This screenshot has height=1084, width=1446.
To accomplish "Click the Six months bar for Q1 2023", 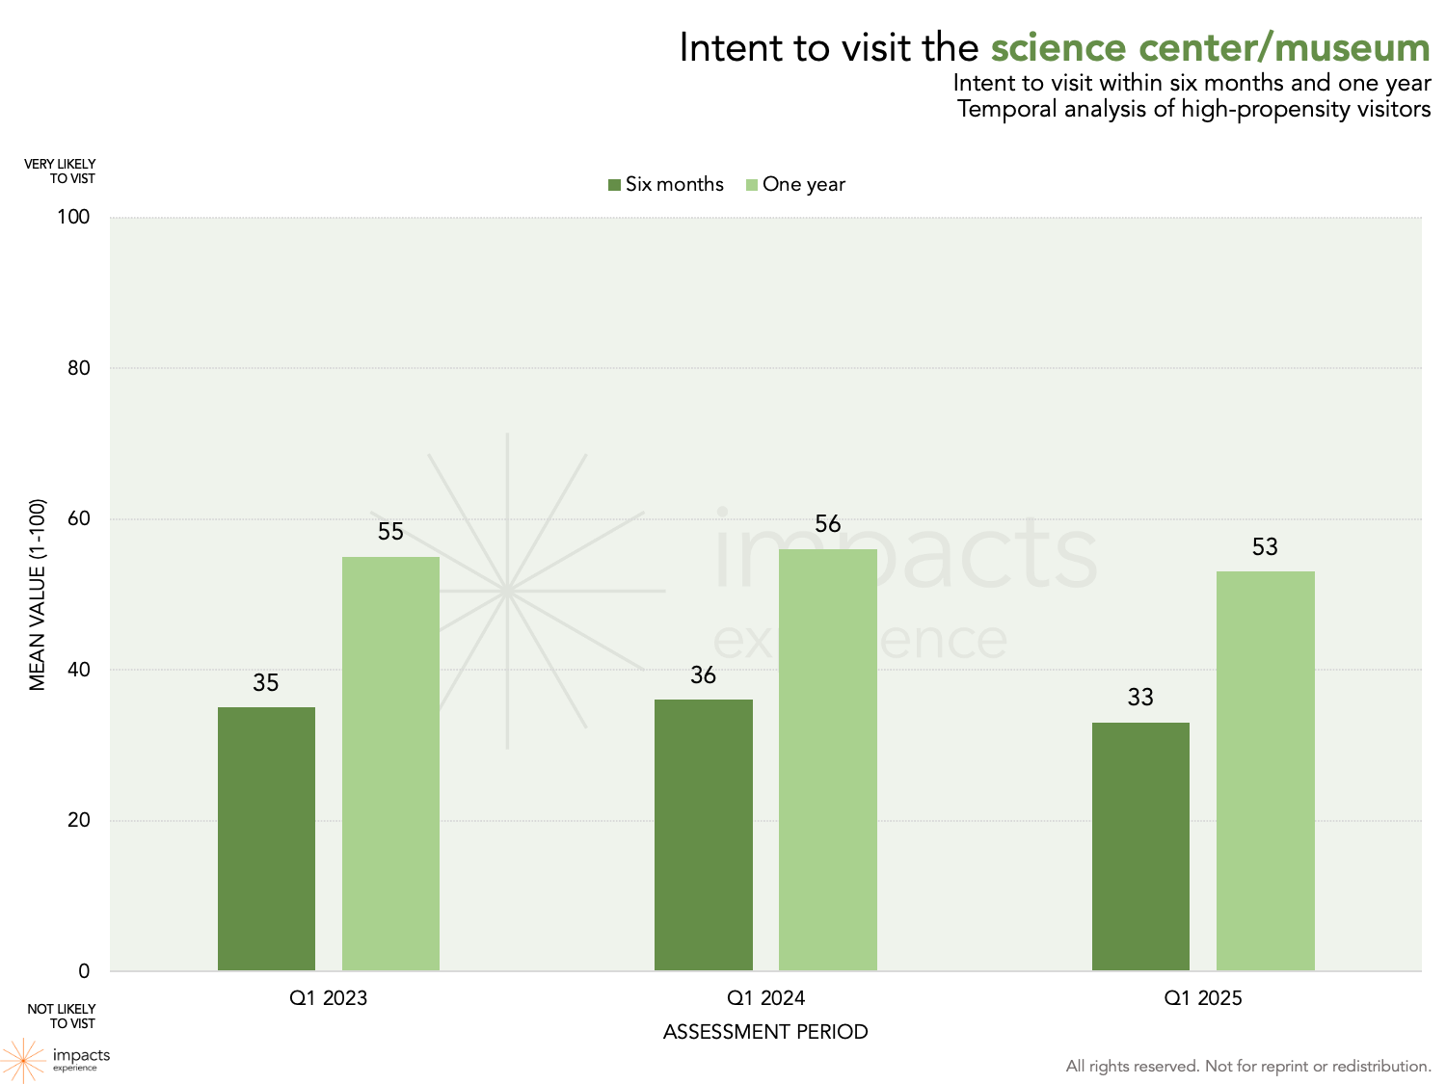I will pyautogui.click(x=266, y=838).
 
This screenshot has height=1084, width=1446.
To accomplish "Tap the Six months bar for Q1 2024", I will pyautogui.click(x=704, y=834).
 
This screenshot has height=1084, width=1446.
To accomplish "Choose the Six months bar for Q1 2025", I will pyautogui.click(x=1140, y=846).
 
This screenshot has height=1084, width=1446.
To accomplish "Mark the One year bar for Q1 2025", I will pyautogui.click(x=1265, y=771).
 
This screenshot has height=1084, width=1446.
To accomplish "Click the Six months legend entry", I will pyautogui.click(x=666, y=184).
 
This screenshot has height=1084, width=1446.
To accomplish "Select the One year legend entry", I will pyautogui.click(x=795, y=184).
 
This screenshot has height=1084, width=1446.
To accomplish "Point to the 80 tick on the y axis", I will pyautogui.click(x=78, y=368).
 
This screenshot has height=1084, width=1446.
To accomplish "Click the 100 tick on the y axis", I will pyautogui.click(x=73, y=217).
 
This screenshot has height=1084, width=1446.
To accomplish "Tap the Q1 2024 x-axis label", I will pyautogui.click(x=765, y=998).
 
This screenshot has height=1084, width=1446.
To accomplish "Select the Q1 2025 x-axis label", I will pyautogui.click(x=1203, y=998).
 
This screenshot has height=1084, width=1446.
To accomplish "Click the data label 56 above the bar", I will pyautogui.click(x=828, y=524).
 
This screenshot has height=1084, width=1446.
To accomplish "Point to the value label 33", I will pyautogui.click(x=1140, y=698).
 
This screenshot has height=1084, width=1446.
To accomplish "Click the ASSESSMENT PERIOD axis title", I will pyautogui.click(x=765, y=1032).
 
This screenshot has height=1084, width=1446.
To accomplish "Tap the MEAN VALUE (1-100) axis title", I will pyautogui.click(x=38, y=595).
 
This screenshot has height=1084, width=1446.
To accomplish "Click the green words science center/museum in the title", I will pyautogui.click(x=1210, y=48).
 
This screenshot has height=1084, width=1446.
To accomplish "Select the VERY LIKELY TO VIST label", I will pyautogui.click(x=61, y=172).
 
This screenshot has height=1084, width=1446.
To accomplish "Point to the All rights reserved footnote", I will pyautogui.click(x=1247, y=1066).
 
